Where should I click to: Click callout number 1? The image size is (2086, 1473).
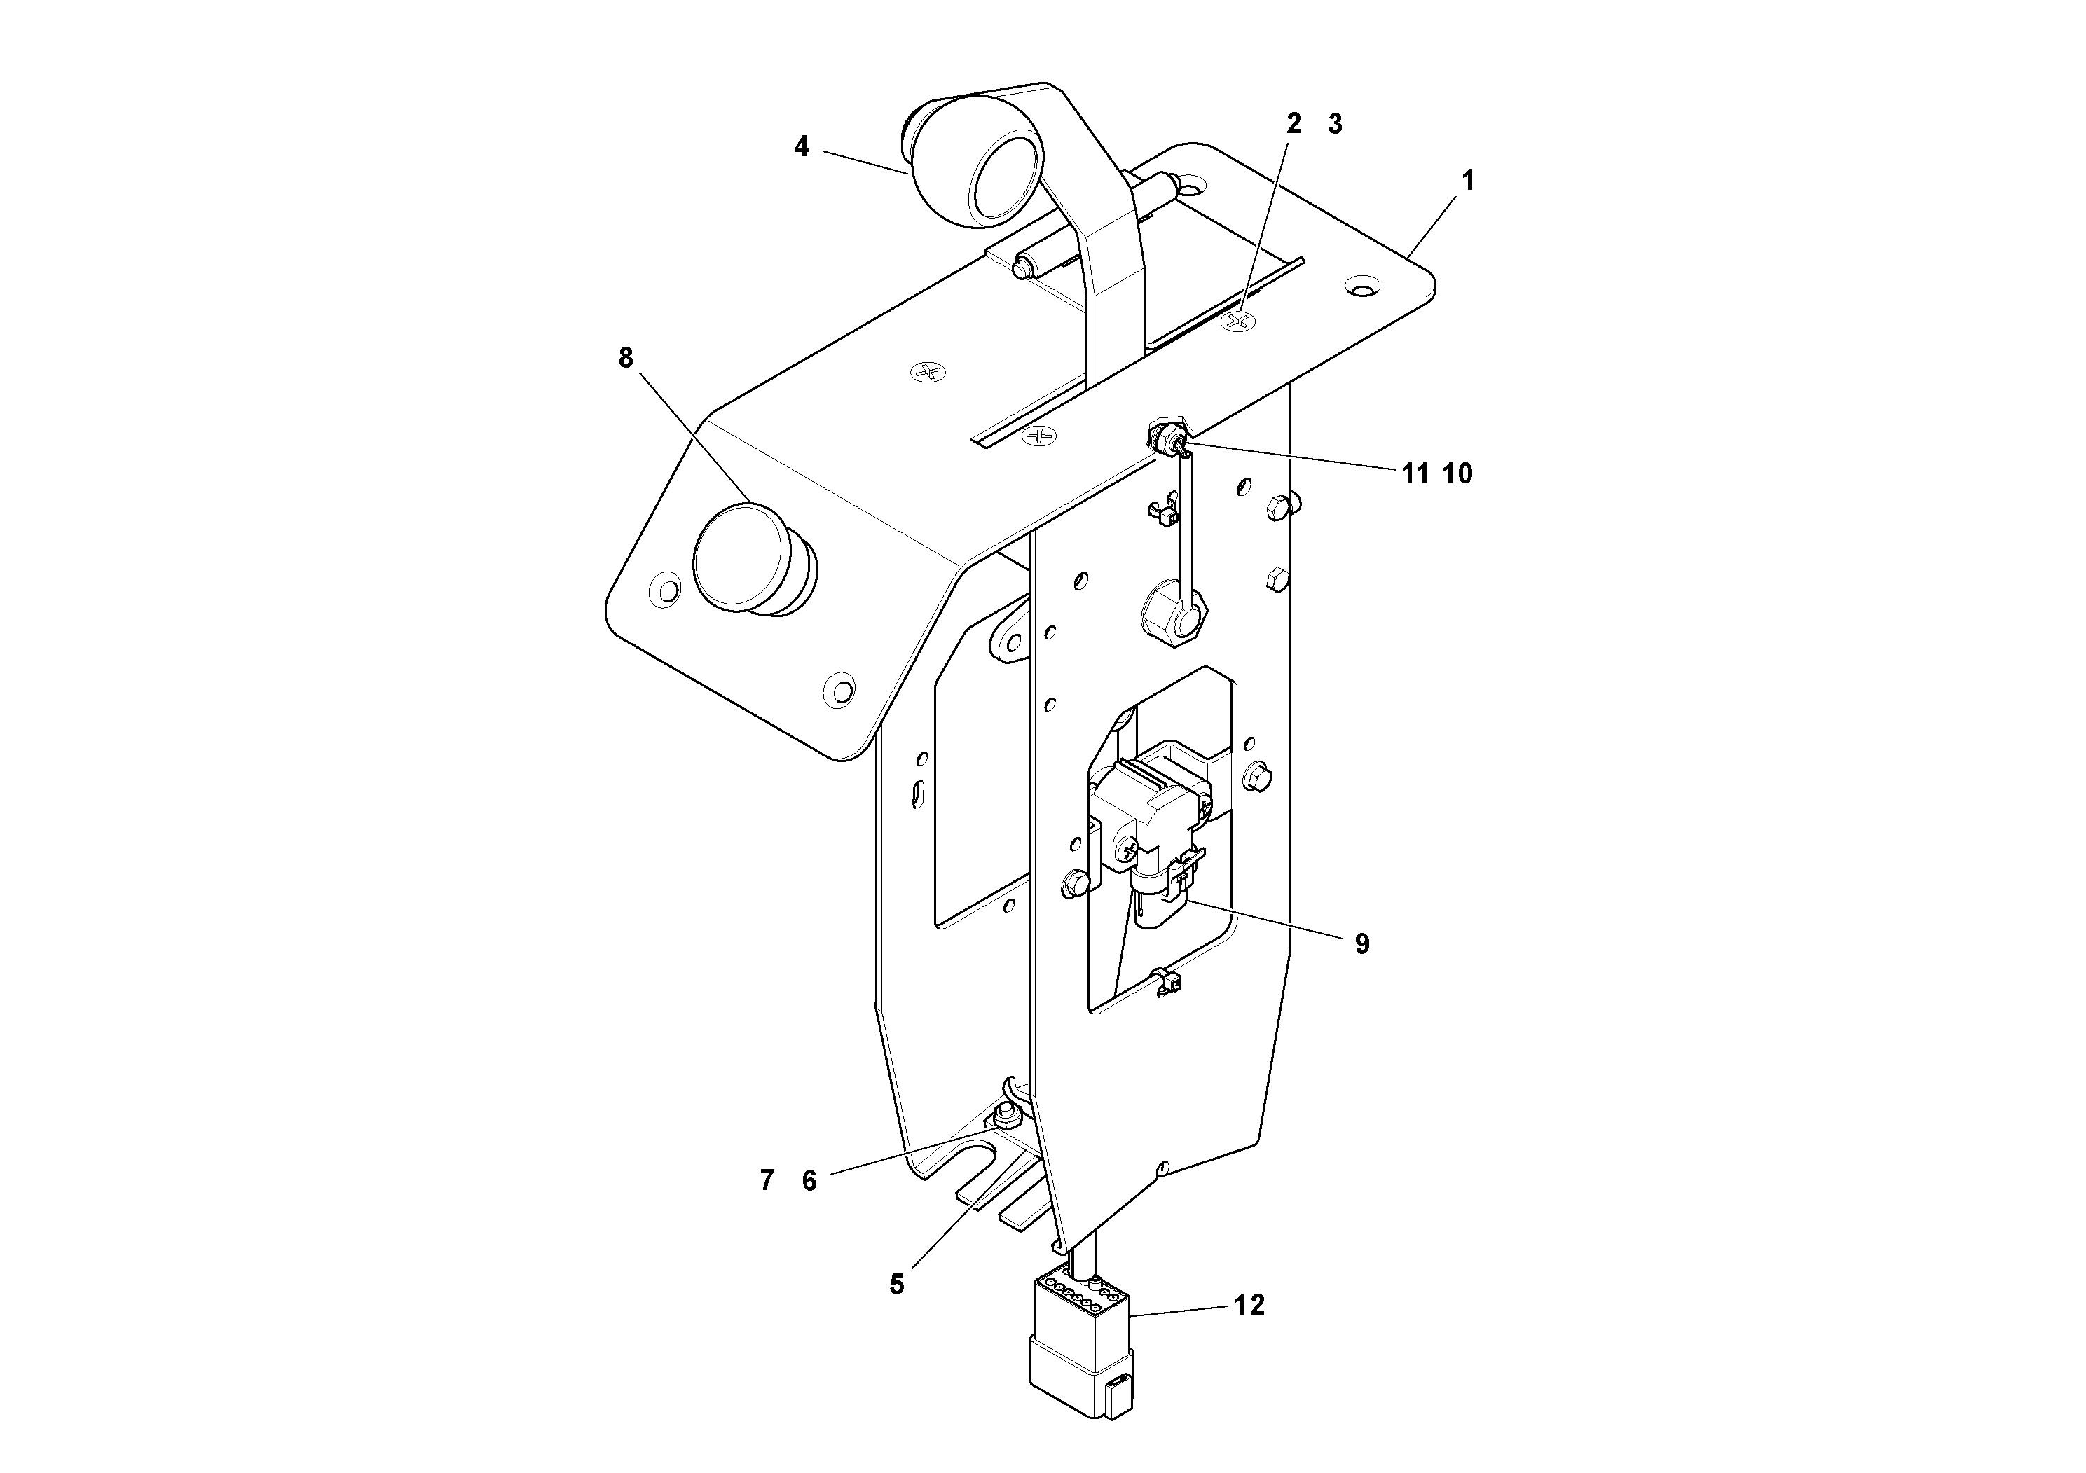pyautogui.click(x=1467, y=181)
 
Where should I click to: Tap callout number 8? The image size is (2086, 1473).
pyautogui.click(x=625, y=358)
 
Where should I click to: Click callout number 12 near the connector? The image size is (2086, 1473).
pyautogui.click(x=1249, y=1305)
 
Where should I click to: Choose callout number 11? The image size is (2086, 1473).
pyautogui.click(x=1415, y=473)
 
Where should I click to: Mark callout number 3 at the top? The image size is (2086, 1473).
pyautogui.click(x=1335, y=125)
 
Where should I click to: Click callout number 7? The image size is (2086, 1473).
pyautogui.click(x=767, y=1181)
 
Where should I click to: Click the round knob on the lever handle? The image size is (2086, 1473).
pyautogui.click(x=977, y=172)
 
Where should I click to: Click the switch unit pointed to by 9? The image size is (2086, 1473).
pyautogui.click(x=1149, y=817)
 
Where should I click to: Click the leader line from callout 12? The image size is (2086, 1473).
pyautogui.click(x=1181, y=1311)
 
